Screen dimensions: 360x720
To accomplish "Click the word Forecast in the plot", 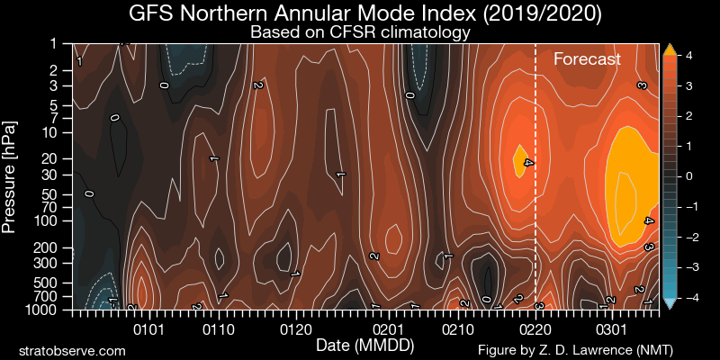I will (587, 60).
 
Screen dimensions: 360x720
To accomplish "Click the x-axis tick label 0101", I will (148, 329).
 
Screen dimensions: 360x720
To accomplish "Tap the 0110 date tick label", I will (216, 329).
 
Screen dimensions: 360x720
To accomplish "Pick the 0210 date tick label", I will (456, 329).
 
